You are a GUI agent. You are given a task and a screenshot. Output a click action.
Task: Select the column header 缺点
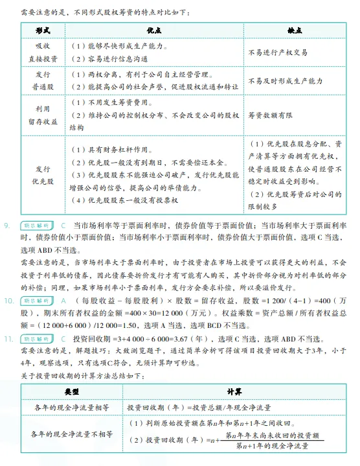click(x=295, y=30)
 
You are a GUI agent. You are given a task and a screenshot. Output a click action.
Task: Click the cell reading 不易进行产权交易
click(x=278, y=52)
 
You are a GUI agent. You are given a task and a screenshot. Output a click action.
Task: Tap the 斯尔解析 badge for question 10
click(x=35, y=301)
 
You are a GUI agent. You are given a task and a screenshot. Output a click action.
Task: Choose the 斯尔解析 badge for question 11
click(x=35, y=338)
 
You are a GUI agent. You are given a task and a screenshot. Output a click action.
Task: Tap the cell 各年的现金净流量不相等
click(x=72, y=434)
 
